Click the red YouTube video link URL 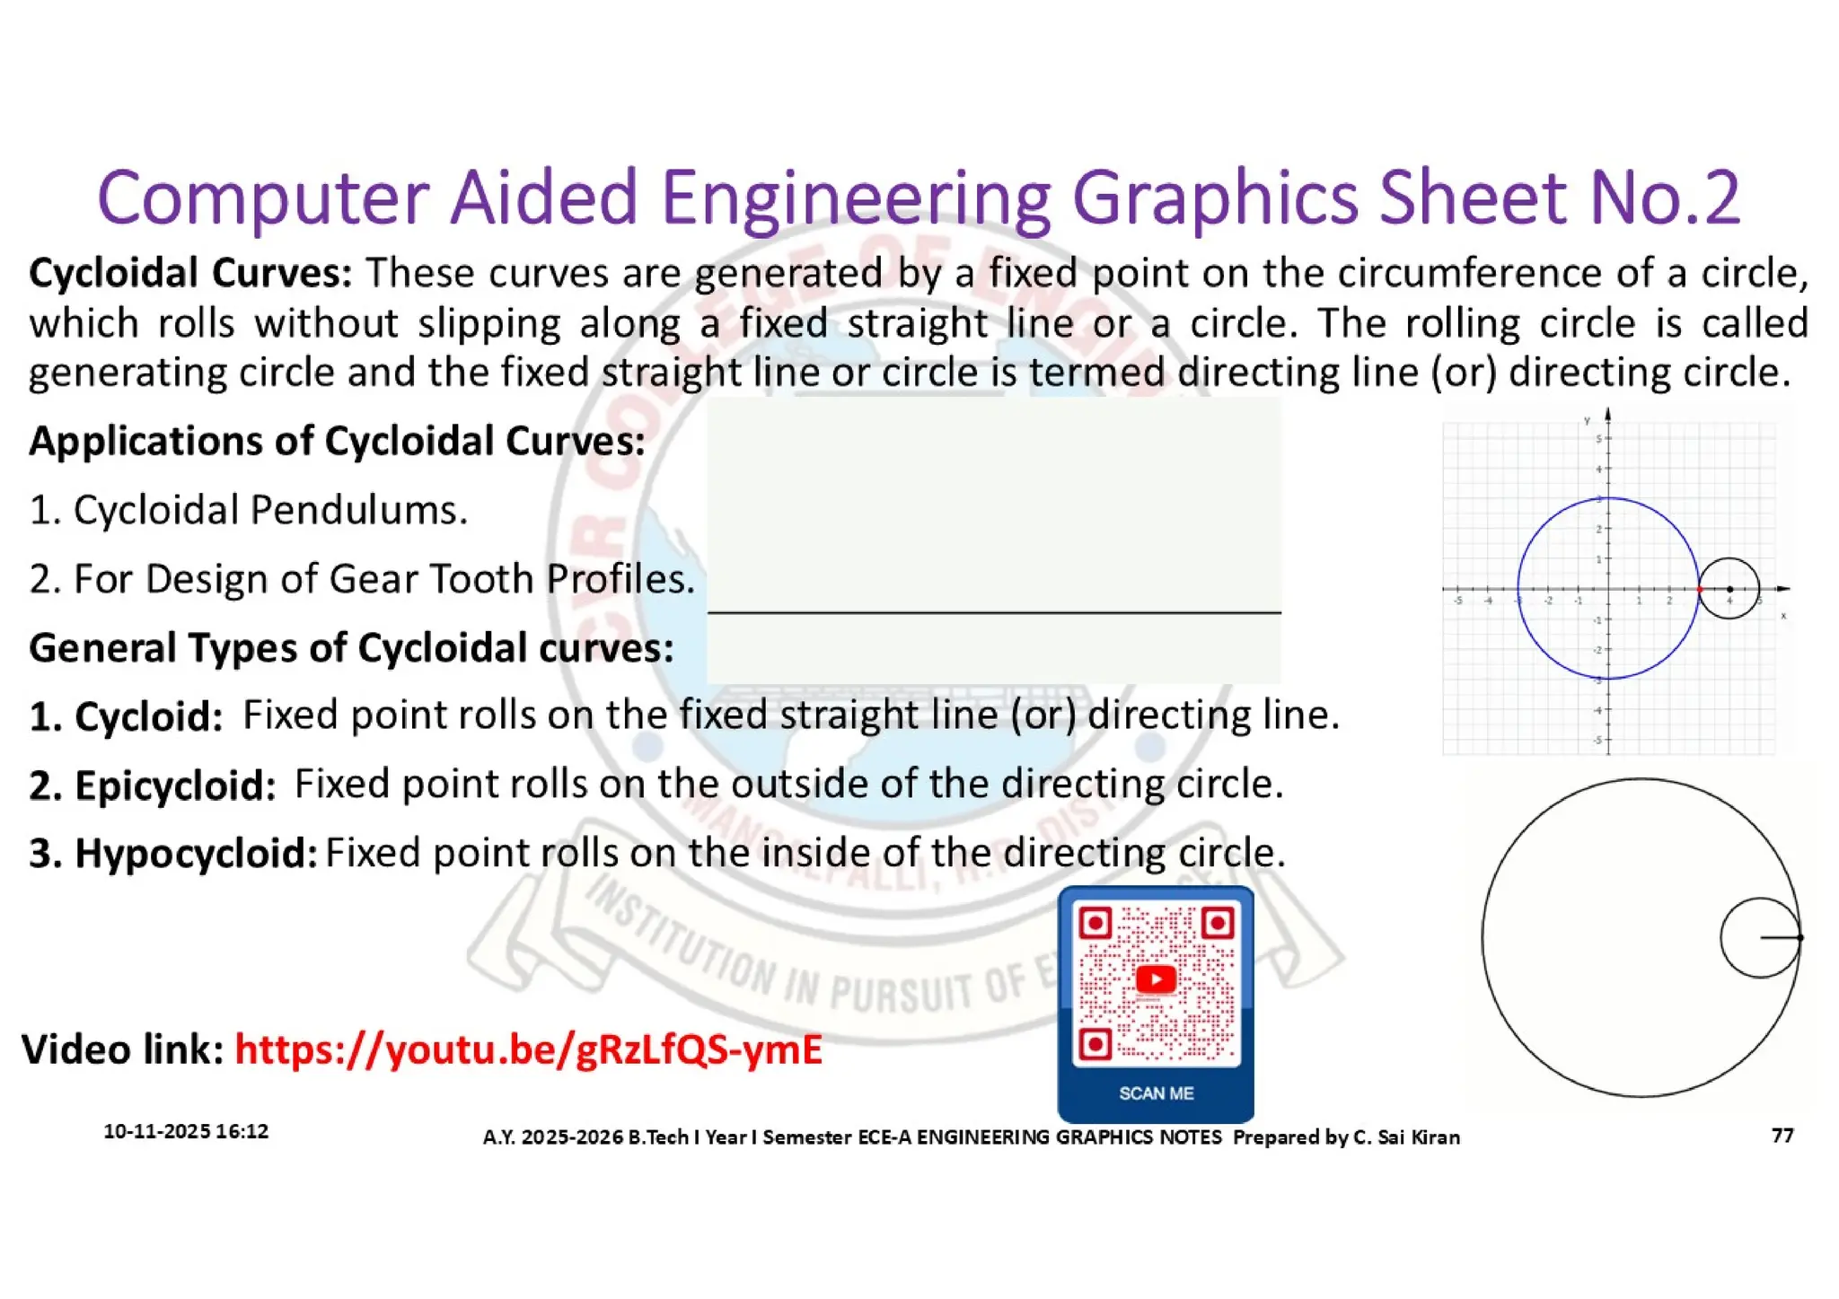(x=528, y=1049)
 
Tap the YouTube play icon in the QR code (x=1156, y=979)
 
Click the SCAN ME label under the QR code (x=1156, y=1093)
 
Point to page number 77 (x=1782, y=1136)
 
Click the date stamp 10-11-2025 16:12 (x=186, y=1131)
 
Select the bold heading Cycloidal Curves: (x=190, y=273)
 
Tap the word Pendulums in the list (x=359, y=510)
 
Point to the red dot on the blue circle (x=1699, y=589)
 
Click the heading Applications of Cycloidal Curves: (x=337, y=442)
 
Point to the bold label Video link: (x=122, y=1049)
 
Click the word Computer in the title (x=262, y=197)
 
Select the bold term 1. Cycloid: (x=126, y=716)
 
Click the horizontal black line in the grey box (x=994, y=613)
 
